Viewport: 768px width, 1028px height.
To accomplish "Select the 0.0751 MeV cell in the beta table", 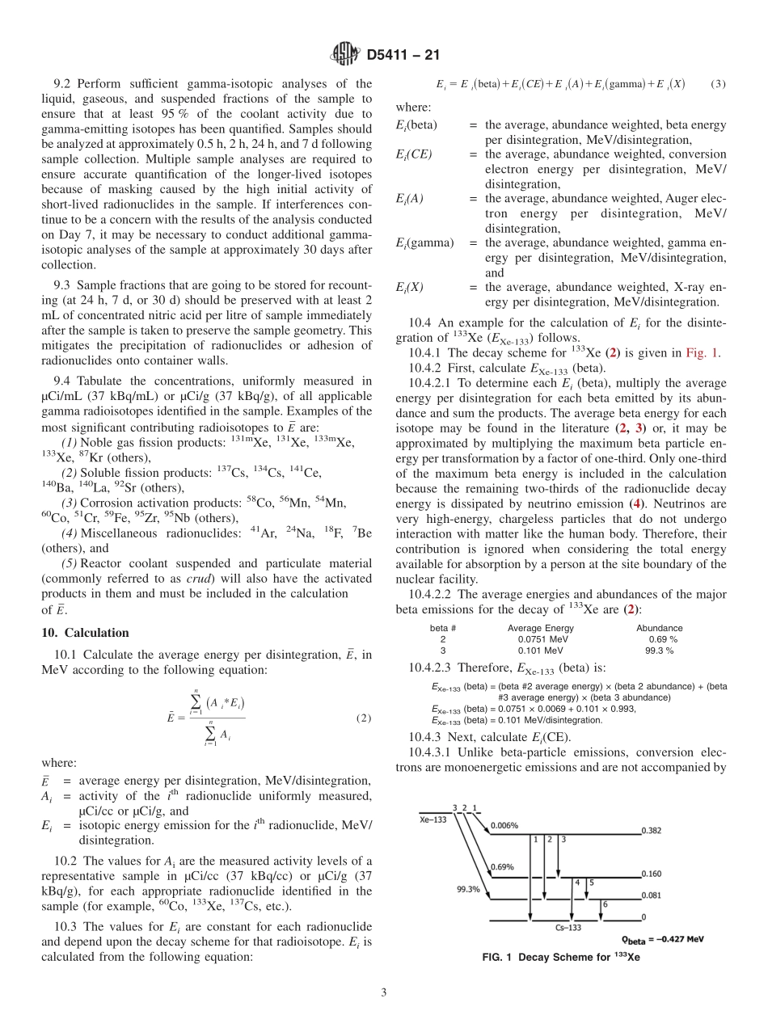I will (x=541, y=638).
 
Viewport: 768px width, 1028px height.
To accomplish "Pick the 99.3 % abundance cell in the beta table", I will (x=659, y=650).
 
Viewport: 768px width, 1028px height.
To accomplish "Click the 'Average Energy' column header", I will (x=540, y=627).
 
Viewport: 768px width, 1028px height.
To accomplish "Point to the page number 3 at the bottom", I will (x=383, y=992).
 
